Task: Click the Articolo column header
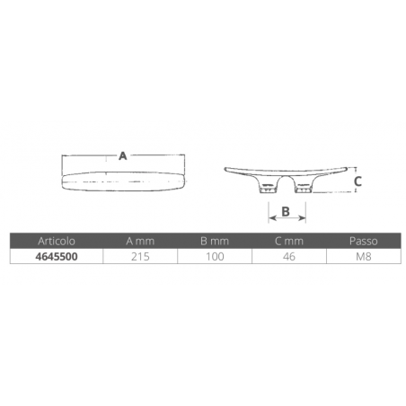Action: tap(57, 241)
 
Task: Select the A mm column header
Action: tap(140, 241)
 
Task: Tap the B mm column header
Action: tap(215, 241)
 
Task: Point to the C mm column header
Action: tap(289, 241)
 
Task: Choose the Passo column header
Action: tap(364, 241)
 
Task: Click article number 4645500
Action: tap(57, 257)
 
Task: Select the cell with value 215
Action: tap(140, 257)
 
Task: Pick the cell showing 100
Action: tap(215, 257)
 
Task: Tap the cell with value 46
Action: tap(289, 257)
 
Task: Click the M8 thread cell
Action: tap(364, 257)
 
